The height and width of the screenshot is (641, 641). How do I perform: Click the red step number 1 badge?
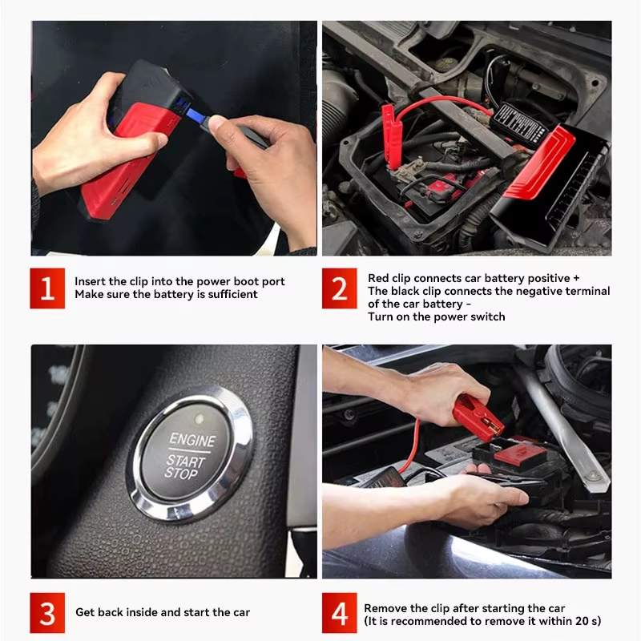tap(47, 288)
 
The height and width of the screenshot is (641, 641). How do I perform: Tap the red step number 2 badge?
tap(340, 288)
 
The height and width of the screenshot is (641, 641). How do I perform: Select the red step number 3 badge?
tap(47, 612)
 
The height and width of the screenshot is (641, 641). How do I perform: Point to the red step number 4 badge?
tap(340, 614)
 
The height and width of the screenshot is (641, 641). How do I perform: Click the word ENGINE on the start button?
tap(191, 441)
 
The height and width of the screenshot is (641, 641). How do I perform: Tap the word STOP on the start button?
tap(181, 473)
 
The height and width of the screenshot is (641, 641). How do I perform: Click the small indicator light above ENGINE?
tap(198, 418)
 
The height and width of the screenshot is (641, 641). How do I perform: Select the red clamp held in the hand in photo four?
tap(476, 417)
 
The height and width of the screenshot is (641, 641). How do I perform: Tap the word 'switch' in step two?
tap(486, 316)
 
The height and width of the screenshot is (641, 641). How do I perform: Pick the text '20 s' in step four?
tap(581, 621)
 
